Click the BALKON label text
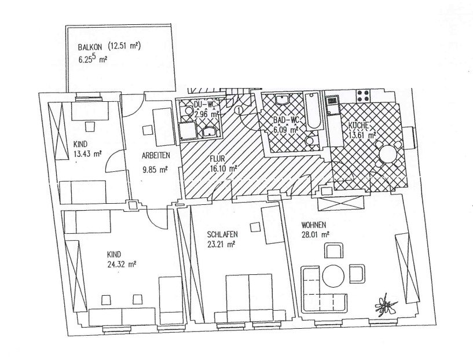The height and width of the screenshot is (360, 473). (90, 47)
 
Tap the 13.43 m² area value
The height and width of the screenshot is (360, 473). (87, 154)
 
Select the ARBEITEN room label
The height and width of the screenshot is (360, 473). (156, 156)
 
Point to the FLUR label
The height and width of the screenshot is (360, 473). (217, 159)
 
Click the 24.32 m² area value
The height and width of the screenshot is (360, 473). (121, 265)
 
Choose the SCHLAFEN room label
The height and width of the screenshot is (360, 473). (222, 234)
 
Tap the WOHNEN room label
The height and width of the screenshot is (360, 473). (313, 225)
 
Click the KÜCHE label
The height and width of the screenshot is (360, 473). (358, 125)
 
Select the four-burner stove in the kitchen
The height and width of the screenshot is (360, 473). (364, 96)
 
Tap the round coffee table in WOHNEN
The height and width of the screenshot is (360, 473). (333, 275)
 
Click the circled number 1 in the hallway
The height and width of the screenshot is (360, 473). (239, 110)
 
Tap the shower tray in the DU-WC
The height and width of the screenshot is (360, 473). (188, 131)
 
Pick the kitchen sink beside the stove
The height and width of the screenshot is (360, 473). (332, 105)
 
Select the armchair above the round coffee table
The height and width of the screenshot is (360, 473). (334, 251)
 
